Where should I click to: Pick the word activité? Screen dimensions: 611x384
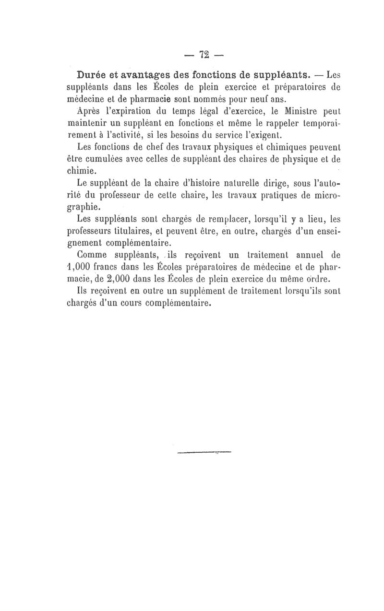pos(136,135)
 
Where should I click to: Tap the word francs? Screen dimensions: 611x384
pos(114,267)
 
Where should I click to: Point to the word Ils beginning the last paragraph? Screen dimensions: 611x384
pos(83,291)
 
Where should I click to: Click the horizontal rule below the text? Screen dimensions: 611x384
pos(204,452)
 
